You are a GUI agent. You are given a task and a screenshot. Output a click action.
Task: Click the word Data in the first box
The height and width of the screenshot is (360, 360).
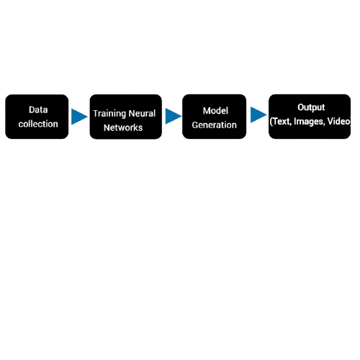[x=38, y=109]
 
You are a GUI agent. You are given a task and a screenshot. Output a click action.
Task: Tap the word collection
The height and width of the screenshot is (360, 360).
[x=38, y=124]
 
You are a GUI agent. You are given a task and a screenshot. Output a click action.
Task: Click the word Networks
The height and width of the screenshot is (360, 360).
[x=123, y=127]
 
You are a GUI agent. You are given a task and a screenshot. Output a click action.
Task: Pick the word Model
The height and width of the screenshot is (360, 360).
[x=215, y=111]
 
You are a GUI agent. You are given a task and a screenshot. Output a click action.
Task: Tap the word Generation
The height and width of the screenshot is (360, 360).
[x=215, y=125]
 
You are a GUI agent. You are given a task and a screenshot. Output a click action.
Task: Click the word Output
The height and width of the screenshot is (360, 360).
[x=311, y=107]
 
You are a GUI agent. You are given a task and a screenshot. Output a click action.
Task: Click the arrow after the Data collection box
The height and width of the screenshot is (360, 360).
[x=79, y=117]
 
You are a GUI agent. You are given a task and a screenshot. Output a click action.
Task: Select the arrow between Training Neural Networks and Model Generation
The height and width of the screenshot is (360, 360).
[x=174, y=116]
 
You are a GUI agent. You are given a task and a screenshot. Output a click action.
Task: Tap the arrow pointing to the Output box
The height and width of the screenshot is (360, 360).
[x=258, y=114]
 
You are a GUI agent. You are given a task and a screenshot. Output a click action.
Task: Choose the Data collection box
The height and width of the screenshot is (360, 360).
[x=37, y=117]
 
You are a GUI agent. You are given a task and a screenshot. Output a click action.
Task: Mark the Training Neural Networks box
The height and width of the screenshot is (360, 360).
[x=126, y=117]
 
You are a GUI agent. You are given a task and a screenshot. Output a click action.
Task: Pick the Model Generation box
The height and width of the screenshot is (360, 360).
[x=215, y=117]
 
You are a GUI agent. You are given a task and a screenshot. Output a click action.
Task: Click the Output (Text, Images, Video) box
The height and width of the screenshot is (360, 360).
[x=310, y=117]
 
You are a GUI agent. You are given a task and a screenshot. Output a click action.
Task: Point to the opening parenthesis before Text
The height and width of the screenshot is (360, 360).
[x=271, y=122]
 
